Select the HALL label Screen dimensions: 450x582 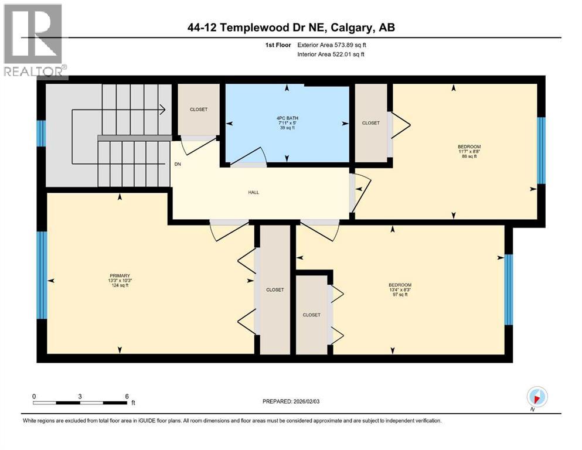253,192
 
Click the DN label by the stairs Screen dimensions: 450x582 177,164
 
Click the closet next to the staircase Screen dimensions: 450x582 198,110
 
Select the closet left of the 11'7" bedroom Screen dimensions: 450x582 370,123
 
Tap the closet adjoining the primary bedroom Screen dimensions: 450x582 275,290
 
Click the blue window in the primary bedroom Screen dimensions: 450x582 41,275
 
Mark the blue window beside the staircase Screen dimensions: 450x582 41,133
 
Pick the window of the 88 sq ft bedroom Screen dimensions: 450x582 542,150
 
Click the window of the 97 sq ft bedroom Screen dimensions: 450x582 509,289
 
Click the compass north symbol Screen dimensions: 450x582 537,396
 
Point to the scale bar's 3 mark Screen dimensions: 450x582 79,396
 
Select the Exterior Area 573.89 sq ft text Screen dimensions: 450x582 331,45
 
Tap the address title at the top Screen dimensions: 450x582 291,28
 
